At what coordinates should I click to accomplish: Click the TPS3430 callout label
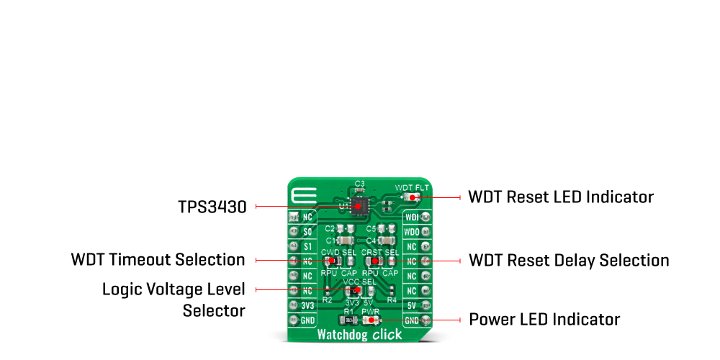212,207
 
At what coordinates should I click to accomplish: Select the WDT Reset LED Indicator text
561,197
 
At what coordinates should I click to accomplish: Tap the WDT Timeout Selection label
158,259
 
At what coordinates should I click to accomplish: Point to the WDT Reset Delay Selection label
569,260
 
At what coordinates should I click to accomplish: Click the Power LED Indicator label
544,319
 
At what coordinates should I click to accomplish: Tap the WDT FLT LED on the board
411,197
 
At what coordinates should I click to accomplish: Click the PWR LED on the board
374,320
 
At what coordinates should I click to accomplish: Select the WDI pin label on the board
412,216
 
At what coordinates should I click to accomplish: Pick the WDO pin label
412,231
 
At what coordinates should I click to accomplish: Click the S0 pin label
308,231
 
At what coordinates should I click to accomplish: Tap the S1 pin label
308,246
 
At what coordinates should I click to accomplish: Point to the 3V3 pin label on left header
308,305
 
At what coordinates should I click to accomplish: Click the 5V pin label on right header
412,305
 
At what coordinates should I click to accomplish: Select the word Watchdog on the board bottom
341,335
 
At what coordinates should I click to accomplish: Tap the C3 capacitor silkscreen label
360,183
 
